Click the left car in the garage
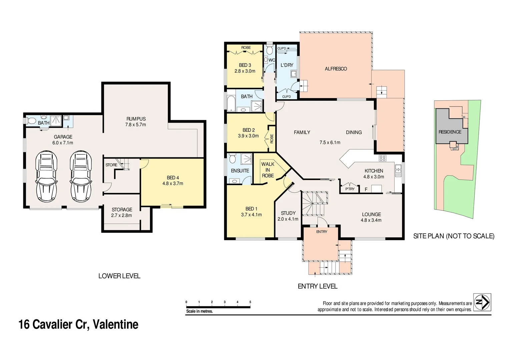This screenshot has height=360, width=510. tap(46, 176)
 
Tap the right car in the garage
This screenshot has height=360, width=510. tap(81, 176)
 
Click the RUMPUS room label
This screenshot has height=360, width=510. tap(136, 119)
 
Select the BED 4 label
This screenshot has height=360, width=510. tap(173, 177)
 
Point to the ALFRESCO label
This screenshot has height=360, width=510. tap(336, 69)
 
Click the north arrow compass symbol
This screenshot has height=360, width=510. tap(482, 302)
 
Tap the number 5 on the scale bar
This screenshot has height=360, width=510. tap(250, 302)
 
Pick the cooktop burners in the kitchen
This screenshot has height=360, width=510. tap(382, 158)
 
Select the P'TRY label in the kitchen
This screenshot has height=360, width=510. tap(350, 189)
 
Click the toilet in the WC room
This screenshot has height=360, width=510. tap(270, 50)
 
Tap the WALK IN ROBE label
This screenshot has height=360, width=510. tap(268, 170)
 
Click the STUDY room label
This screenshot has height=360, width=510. tap(288, 213)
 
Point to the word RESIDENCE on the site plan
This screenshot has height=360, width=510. tap(450, 132)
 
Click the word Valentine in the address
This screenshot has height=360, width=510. tap(115, 325)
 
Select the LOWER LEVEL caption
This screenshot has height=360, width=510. tap(119, 276)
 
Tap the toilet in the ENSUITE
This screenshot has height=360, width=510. tap(232, 158)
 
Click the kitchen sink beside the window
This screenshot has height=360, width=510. tap(398, 171)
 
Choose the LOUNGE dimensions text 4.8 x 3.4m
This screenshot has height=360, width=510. tap(371, 220)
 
